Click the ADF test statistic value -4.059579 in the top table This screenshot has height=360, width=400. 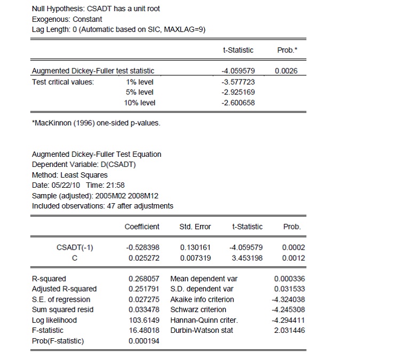tap(238, 71)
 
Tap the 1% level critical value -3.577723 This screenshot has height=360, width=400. tap(238, 82)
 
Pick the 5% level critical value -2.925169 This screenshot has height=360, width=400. tap(238, 92)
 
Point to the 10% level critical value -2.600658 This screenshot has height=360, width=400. tap(238, 102)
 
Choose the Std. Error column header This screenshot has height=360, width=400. tap(196, 227)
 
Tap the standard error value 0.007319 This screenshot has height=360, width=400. tap(196, 258)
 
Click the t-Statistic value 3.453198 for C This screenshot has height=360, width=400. tap(245, 258)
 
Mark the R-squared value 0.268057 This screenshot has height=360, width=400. tap(144, 278)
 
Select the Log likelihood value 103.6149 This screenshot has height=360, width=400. tap(144, 320)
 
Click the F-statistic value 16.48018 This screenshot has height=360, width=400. tap(144, 331)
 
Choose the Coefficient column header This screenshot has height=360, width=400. tap(142, 227)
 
